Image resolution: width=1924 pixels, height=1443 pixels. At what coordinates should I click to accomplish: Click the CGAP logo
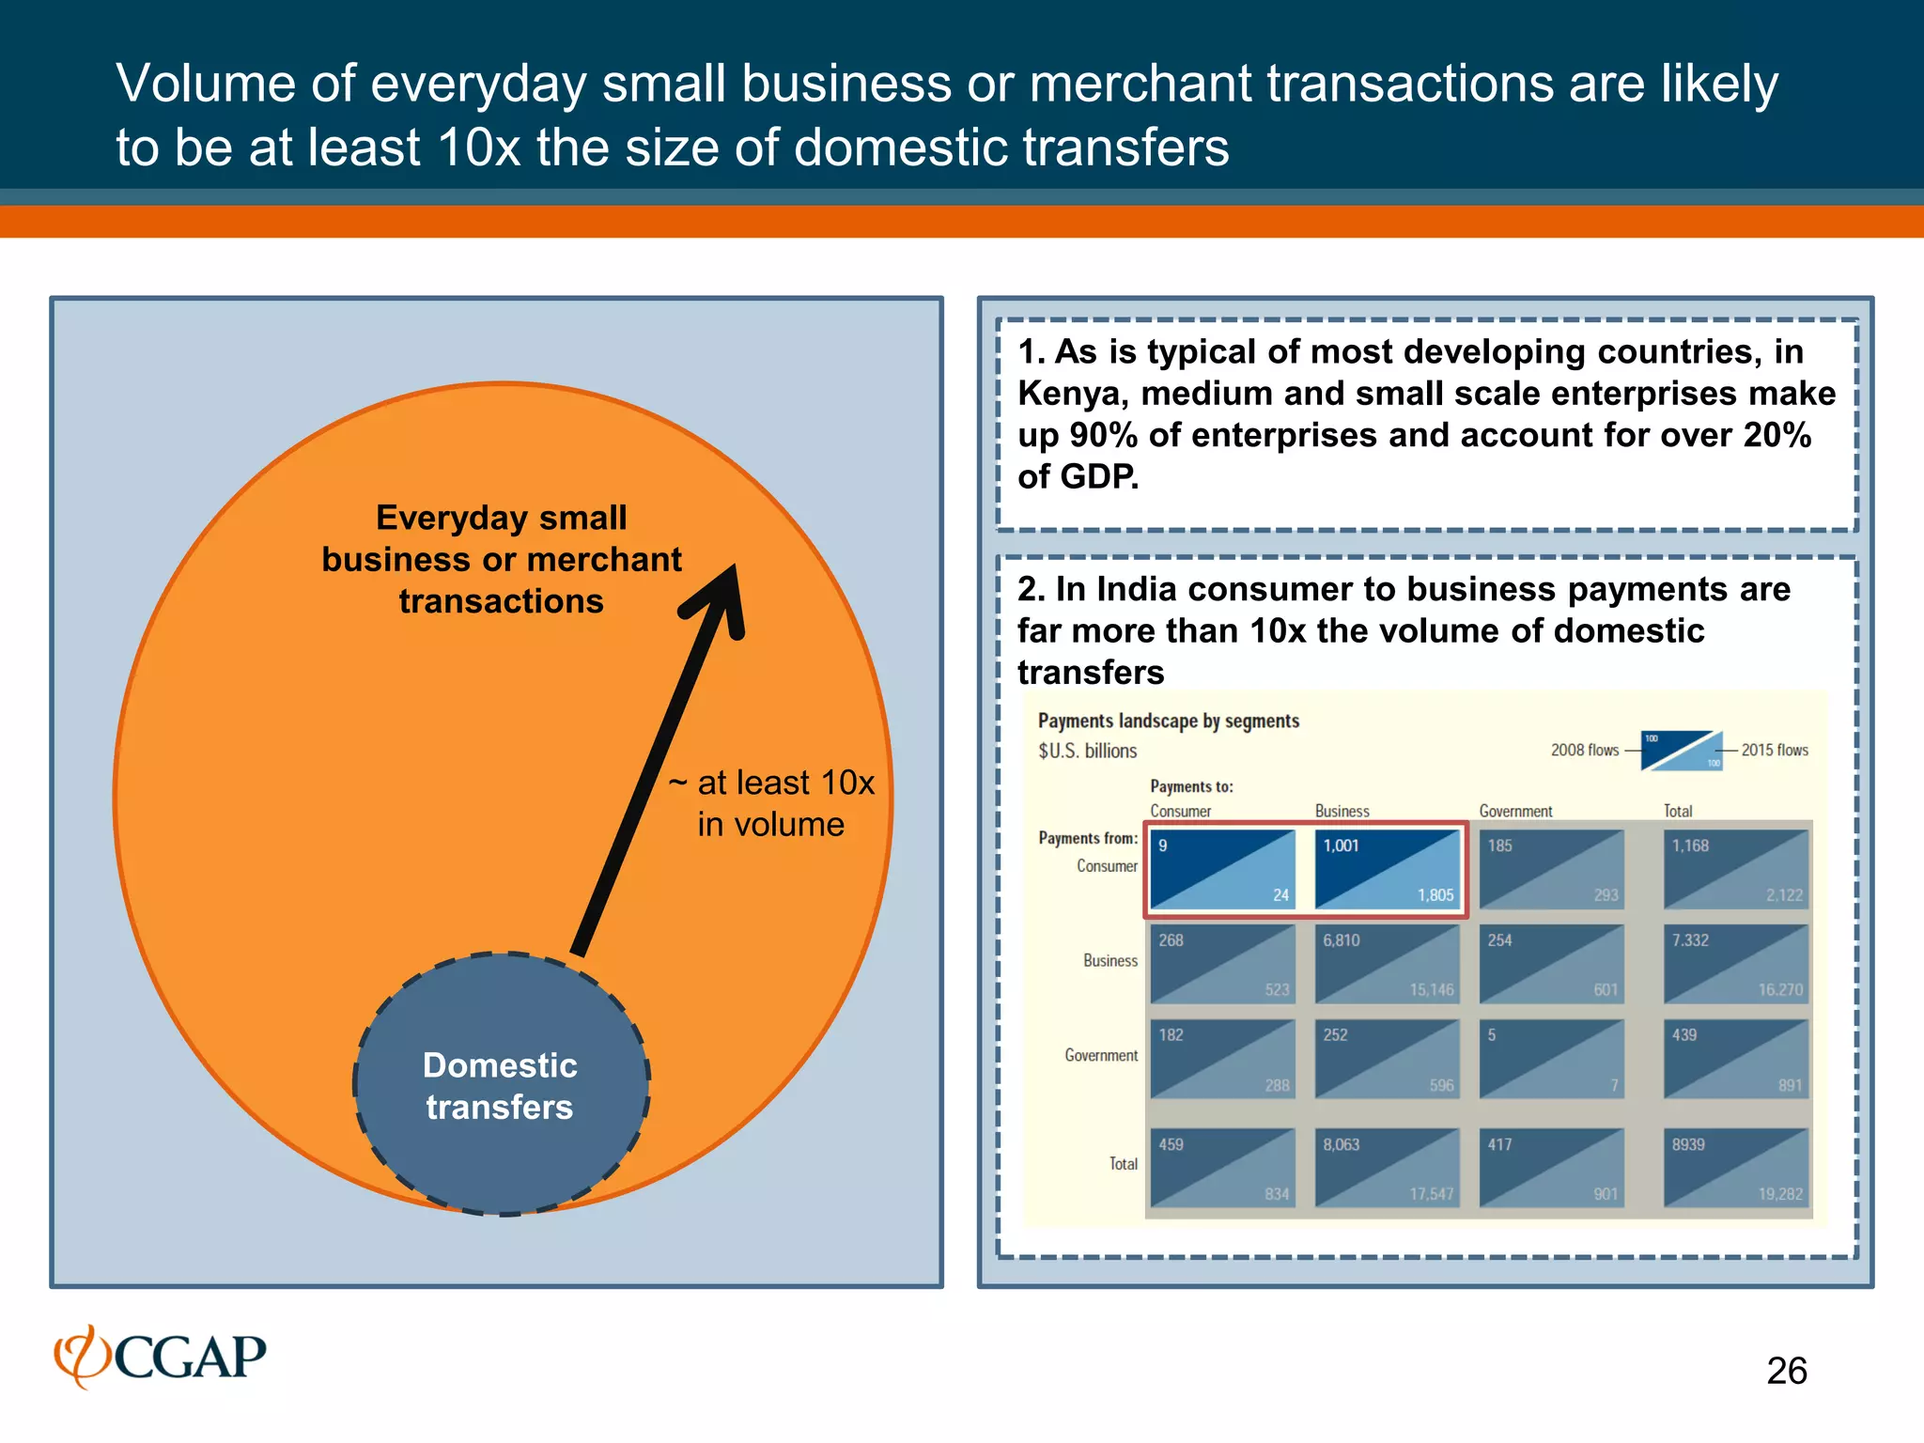[x=160, y=1357]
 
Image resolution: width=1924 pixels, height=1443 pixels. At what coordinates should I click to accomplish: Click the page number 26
[x=1786, y=1371]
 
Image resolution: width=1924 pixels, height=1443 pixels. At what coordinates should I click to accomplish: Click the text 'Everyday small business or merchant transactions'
[x=502, y=559]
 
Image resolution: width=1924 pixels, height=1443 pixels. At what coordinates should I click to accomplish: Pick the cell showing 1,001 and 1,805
[x=1387, y=870]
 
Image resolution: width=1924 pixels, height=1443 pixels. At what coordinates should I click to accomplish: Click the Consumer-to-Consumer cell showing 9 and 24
[x=1221, y=870]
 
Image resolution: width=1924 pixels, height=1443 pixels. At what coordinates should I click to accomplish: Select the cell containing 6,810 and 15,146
[x=1387, y=964]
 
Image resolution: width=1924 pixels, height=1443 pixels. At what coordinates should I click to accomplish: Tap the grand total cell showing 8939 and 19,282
[x=1736, y=1169]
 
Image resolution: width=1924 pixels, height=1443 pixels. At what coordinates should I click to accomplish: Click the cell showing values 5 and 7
[x=1551, y=1059]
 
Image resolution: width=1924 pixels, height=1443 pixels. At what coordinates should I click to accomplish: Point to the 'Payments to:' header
[x=1191, y=786]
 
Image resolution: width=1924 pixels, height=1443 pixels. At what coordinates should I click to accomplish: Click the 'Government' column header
[x=1515, y=811]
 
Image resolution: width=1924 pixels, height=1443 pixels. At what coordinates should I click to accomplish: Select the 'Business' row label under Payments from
[x=1109, y=960]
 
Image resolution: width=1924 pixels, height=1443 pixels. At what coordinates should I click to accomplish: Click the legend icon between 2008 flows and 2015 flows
[x=1681, y=750]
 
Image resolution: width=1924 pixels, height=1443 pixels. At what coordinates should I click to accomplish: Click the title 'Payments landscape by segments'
[x=1168, y=721]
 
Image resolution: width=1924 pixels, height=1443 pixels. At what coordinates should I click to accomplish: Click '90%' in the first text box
[x=1103, y=435]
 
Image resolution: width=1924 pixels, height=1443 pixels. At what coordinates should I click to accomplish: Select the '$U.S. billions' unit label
[x=1087, y=751]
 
